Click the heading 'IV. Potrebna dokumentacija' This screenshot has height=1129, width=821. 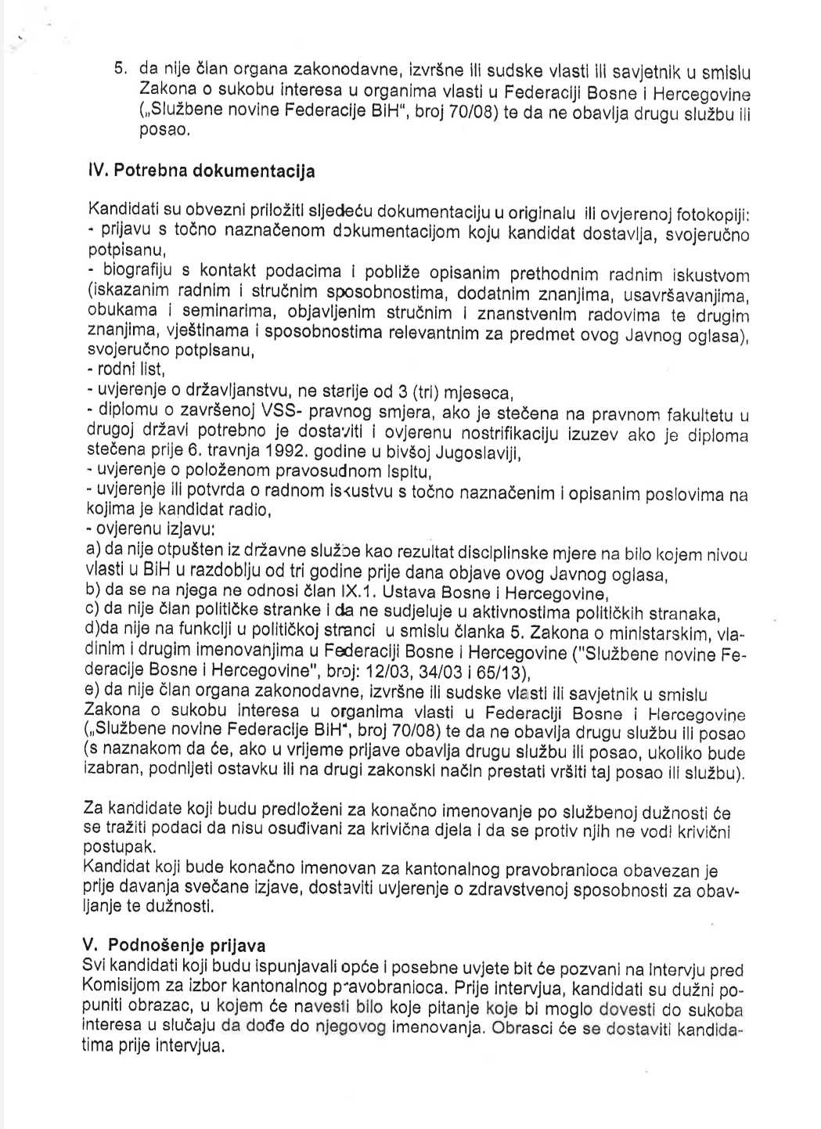202,171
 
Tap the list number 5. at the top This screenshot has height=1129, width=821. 120,68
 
